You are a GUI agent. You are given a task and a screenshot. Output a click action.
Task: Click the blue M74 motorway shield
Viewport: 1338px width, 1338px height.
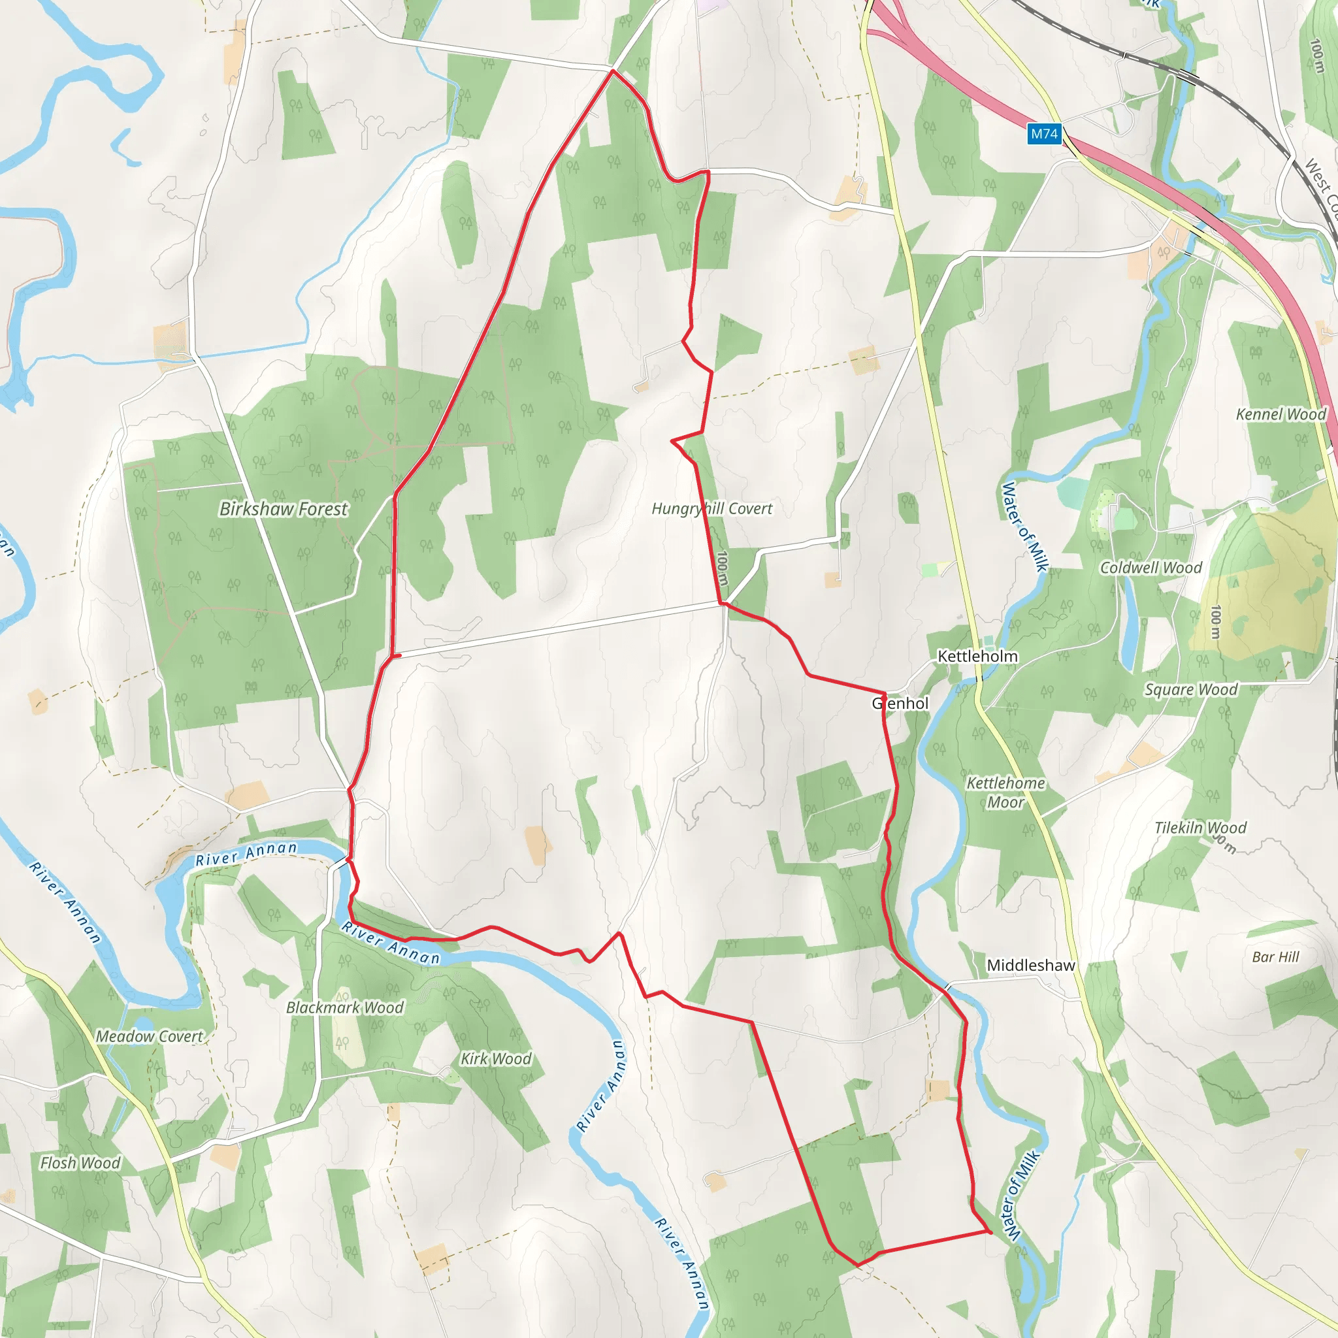[x=1043, y=134]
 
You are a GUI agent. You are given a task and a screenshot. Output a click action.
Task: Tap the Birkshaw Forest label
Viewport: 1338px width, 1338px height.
[x=284, y=509]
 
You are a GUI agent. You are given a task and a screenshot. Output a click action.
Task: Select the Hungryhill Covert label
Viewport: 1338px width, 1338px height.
[x=712, y=508]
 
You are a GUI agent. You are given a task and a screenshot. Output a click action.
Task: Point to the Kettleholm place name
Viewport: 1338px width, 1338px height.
[x=977, y=656]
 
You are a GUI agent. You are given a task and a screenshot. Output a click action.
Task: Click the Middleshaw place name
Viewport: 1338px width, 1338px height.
[x=1030, y=966]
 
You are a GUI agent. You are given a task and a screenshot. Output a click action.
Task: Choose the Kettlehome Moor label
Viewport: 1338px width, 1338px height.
[x=1005, y=792]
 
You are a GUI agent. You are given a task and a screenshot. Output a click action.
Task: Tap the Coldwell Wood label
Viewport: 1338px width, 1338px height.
[x=1151, y=568]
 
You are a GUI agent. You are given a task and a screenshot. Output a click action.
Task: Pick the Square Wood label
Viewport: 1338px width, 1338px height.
[x=1190, y=690]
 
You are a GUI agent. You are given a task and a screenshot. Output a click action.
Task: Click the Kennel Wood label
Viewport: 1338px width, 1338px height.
[x=1281, y=414]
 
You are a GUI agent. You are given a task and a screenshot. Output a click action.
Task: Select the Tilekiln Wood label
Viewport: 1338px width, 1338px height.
[x=1200, y=828]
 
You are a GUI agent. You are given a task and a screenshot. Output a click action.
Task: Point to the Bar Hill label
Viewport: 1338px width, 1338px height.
[x=1275, y=957]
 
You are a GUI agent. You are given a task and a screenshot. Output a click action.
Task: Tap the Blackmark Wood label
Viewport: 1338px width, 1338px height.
[x=345, y=1007]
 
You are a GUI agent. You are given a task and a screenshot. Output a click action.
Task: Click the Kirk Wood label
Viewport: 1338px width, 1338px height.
[x=496, y=1059]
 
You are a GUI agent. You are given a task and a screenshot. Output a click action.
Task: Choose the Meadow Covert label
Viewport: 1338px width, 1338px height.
[x=150, y=1037]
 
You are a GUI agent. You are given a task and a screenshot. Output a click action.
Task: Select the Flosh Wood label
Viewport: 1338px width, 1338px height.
[x=80, y=1163]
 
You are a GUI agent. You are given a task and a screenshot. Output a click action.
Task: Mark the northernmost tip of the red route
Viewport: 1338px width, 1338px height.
[x=613, y=71]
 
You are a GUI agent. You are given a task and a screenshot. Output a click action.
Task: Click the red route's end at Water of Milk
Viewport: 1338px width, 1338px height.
[x=990, y=1232]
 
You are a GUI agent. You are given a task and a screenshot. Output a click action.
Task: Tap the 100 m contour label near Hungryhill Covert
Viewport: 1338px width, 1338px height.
[x=723, y=568]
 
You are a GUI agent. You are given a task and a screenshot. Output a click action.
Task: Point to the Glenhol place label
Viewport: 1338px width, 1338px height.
[x=900, y=704]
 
